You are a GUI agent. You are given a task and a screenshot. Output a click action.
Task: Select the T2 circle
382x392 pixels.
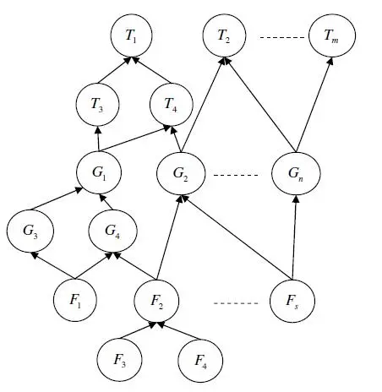click(225, 36)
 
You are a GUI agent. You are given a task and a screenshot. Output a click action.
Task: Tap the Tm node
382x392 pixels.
click(331, 36)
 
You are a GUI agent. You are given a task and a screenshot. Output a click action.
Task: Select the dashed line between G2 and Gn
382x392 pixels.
click(236, 175)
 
